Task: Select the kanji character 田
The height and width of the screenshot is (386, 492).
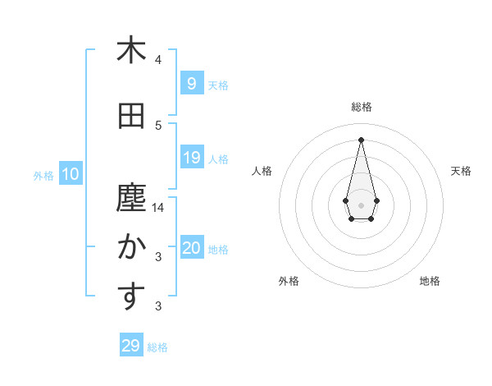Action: click(x=130, y=117)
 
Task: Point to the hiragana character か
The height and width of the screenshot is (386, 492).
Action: click(x=130, y=247)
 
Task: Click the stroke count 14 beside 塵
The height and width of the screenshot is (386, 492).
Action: click(x=158, y=208)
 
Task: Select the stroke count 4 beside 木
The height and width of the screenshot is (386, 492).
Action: click(x=158, y=59)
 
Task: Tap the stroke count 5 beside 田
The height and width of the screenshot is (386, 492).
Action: click(x=158, y=126)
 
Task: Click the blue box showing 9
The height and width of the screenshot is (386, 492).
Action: click(x=191, y=83)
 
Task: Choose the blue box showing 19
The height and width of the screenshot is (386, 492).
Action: click(x=191, y=158)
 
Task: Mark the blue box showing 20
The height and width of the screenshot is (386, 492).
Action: click(x=191, y=248)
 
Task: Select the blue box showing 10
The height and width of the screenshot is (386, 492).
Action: click(x=70, y=174)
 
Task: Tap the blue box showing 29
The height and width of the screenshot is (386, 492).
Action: click(x=130, y=346)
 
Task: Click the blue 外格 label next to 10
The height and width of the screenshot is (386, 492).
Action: click(x=43, y=175)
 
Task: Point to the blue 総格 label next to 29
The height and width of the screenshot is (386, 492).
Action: click(x=157, y=347)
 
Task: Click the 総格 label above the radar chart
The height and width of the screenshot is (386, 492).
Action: click(x=361, y=107)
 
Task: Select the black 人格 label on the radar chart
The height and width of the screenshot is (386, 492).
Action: click(x=262, y=171)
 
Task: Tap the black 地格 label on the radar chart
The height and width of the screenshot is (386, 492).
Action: click(x=430, y=281)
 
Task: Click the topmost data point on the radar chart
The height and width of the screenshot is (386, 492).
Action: click(x=361, y=139)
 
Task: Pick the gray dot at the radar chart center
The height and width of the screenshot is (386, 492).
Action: click(x=361, y=204)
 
